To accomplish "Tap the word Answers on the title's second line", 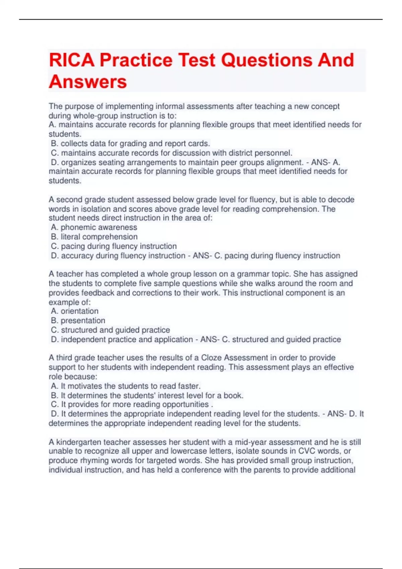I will click(88, 82).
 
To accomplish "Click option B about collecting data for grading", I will click(130, 144).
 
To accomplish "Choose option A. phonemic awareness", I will click(94, 227).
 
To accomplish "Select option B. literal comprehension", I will click(94, 237).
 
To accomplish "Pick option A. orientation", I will click(75, 311).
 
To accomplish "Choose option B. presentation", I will click(78, 320).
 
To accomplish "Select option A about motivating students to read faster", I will click(126, 386).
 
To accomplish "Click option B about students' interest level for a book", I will click(147, 395).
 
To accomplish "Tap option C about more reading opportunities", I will click(132, 404).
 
